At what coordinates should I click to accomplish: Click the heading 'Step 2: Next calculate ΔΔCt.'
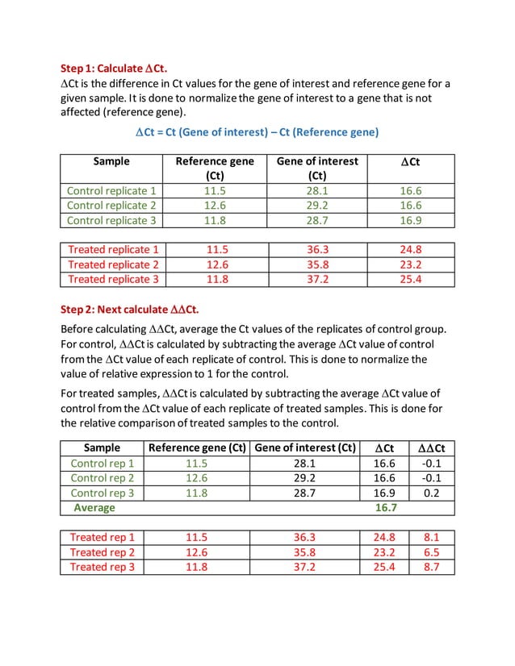130,309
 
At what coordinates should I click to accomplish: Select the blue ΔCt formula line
257,131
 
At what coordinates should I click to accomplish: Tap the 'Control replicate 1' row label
111,191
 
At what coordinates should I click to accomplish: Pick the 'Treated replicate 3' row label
113,279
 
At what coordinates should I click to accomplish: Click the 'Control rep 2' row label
102,478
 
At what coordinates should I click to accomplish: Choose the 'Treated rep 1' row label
102,537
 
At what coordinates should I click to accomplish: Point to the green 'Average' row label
94,508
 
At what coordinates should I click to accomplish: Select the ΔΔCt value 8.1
431,537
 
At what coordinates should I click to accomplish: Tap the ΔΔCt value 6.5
431,552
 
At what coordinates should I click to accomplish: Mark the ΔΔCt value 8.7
431,567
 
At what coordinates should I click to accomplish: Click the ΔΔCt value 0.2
431,493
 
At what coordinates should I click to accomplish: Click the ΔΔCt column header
431,447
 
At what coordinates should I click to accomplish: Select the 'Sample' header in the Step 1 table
111,161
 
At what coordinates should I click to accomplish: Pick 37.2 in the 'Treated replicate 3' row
317,279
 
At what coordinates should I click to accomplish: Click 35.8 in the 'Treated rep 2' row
304,552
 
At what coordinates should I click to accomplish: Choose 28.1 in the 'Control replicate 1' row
317,191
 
